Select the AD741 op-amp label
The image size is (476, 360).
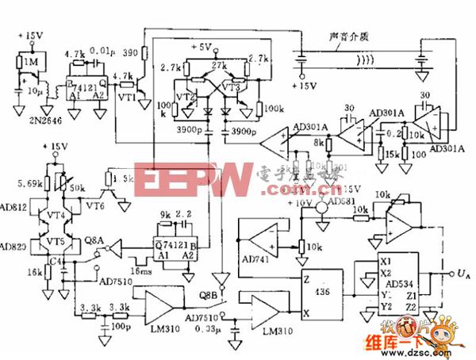[256, 259]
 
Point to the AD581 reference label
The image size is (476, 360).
[343, 200]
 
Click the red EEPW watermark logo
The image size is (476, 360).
[190, 181]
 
